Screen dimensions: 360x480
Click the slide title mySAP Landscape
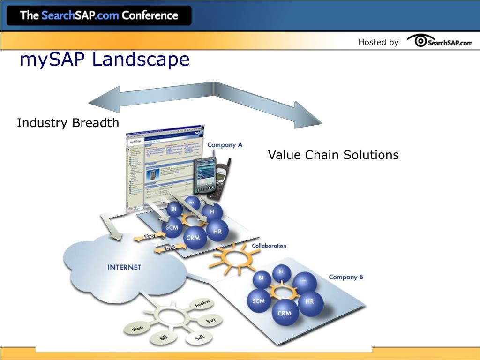[x=105, y=60]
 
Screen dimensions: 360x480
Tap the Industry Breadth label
[x=68, y=123]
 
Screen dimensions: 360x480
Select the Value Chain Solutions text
[x=333, y=155]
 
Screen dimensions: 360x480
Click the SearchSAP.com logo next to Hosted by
[x=440, y=42]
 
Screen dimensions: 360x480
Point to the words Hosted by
[x=378, y=42]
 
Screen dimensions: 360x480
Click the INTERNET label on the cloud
[x=124, y=267]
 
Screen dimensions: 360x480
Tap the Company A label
[x=225, y=145]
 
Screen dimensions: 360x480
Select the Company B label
[x=346, y=277]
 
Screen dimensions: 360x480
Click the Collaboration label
[x=269, y=246]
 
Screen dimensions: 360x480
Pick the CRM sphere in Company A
[x=193, y=238]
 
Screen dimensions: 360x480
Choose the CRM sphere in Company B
[x=285, y=313]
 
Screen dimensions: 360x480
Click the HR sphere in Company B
[x=309, y=301]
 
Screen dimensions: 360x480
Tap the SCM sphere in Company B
[x=259, y=301]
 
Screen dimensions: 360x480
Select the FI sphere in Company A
[x=212, y=212]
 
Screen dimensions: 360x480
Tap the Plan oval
[x=137, y=329]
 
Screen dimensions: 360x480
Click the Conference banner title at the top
[x=99, y=15]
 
